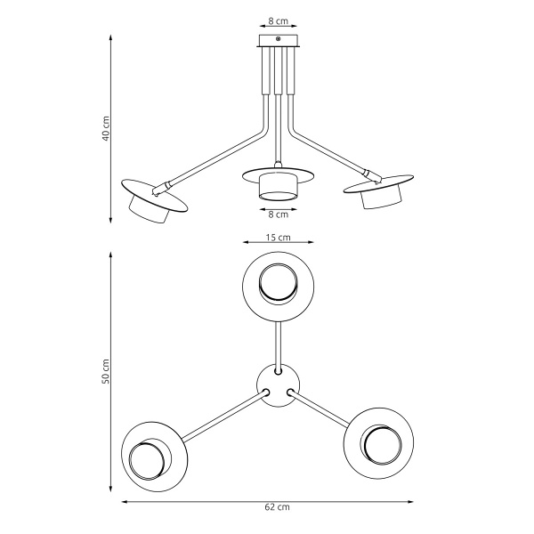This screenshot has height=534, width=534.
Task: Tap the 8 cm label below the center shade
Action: pos(279,214)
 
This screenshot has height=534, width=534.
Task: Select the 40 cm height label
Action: pos(106,129)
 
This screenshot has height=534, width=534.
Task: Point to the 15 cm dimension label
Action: pos(279,239)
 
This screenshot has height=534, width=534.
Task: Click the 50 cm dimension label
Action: pos(106,372)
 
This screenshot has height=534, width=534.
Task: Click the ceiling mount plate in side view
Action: pos(279,40)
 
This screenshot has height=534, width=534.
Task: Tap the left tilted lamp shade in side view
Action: pos(152,201)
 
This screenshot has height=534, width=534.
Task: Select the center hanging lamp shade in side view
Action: pos(279,184)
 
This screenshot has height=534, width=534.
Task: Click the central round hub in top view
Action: pos(279,384)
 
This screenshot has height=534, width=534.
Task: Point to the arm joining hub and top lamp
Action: pos(279,342)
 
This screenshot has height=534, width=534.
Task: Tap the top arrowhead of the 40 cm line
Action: pos(110,38)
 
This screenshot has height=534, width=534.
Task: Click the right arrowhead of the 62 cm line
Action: pos(434,501)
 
